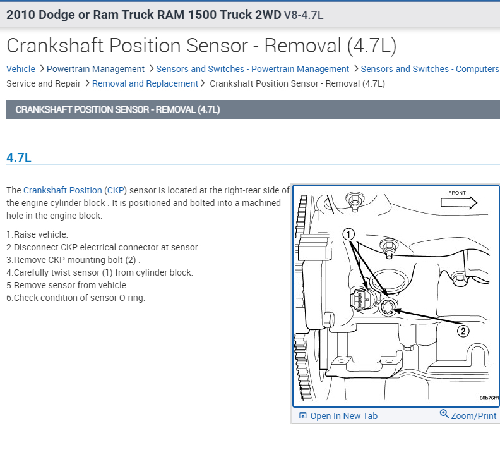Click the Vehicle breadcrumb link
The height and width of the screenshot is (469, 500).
point(21,69)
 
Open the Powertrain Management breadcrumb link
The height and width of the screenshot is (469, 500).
point(95,69)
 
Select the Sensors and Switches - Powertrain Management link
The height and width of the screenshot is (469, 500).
point(253,69)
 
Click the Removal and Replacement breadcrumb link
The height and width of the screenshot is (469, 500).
point(145,83)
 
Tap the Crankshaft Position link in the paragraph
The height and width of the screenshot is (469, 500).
point(62,190)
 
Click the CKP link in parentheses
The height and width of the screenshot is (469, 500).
point(116,190)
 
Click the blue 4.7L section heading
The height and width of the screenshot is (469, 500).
point(19,157)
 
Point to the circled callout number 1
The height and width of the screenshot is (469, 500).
point(349,234)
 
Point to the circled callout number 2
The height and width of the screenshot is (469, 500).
point(463,331)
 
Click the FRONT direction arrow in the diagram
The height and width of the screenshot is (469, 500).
point(458,202)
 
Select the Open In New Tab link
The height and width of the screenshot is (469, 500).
point(343,416)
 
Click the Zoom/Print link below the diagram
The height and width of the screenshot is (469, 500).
point(473,416)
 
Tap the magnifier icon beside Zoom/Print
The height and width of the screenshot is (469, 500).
point(444,415)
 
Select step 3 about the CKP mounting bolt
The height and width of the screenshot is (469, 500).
point(73,260)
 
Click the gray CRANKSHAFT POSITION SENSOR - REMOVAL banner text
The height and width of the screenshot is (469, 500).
point(117,109)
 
